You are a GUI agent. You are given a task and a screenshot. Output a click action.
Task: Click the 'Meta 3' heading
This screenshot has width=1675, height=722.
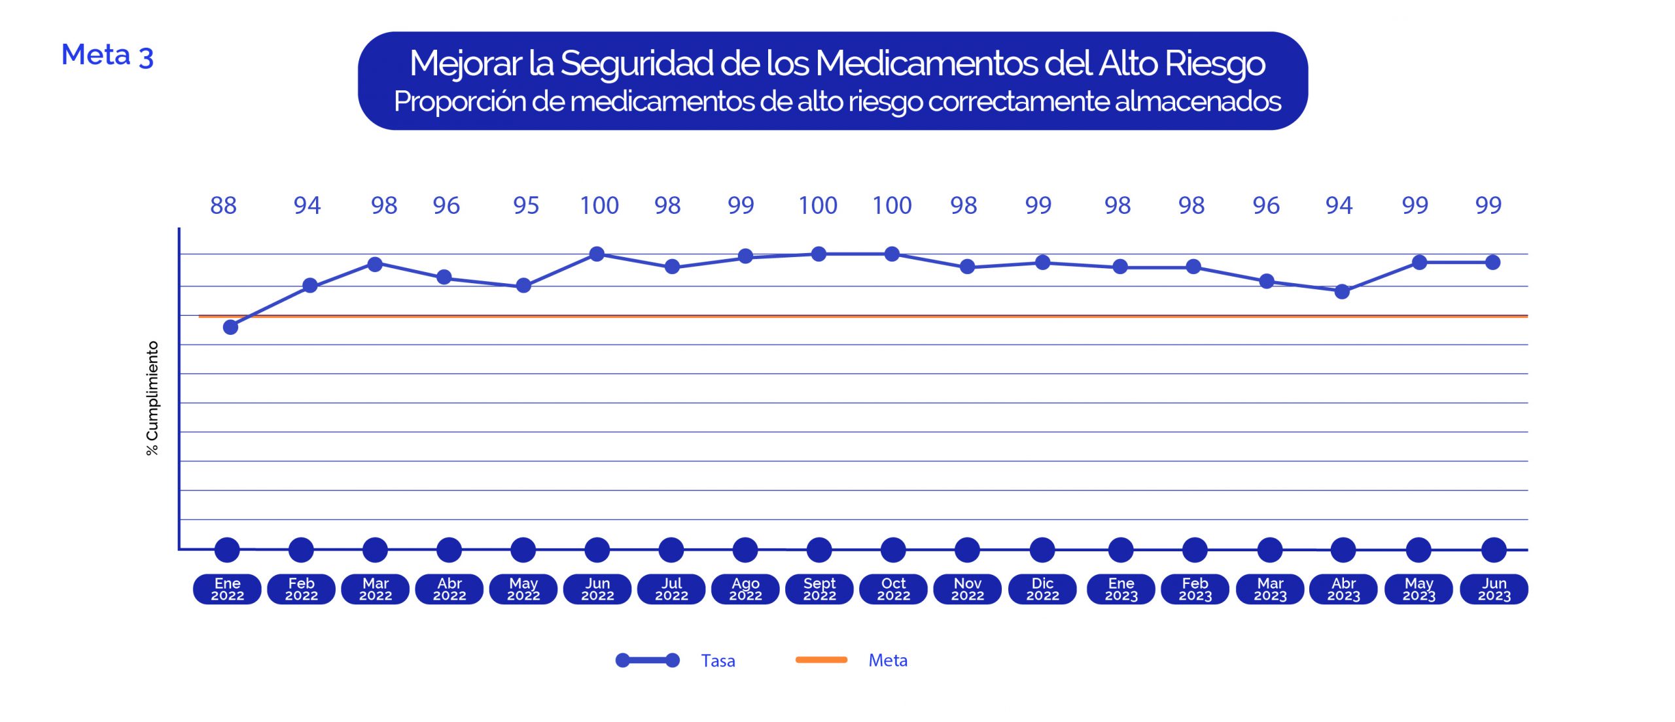(107, 55)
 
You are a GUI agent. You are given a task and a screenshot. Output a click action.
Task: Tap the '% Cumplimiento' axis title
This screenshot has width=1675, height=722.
(152, 398)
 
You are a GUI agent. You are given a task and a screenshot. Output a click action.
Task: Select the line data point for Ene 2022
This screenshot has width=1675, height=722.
(230, 327)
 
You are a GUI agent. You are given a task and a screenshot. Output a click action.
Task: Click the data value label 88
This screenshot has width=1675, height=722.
(223, 205)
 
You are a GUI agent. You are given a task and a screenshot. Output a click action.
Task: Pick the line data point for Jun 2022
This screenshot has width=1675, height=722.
(597, 254)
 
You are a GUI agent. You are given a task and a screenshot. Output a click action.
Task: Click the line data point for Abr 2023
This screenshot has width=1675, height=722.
(1342, 292)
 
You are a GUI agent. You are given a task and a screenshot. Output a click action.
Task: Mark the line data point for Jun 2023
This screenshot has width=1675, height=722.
(1492, 262)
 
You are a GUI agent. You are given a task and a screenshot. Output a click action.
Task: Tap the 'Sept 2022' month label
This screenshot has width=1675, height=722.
(819, 589)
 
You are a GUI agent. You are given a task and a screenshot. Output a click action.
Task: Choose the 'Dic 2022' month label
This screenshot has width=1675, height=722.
(1042, 589)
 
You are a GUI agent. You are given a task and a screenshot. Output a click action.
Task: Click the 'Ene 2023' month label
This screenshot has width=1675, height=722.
(1121, 589)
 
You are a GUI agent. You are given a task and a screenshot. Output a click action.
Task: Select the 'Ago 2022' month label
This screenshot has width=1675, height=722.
(745, 589)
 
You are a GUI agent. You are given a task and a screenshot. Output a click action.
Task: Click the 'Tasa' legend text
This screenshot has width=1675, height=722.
(718, 661)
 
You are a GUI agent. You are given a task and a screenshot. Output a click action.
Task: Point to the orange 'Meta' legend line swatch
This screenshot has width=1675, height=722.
(821, 660)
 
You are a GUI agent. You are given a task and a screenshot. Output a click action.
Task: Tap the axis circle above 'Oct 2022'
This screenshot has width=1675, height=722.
(893, 550)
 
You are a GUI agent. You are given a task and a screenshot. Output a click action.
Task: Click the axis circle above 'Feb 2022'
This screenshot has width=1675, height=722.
(301, 550)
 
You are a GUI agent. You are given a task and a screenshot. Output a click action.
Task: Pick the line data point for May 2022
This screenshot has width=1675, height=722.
(523, 285)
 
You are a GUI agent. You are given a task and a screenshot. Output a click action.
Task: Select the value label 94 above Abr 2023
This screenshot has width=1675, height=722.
(1339, 205)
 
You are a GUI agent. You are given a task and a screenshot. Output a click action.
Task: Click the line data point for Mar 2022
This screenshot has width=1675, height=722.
(375, 264)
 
